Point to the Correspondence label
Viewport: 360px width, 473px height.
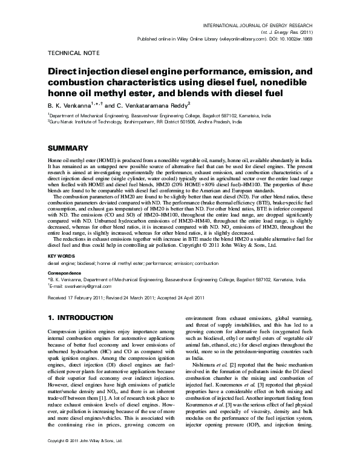(x=64, y=273)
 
